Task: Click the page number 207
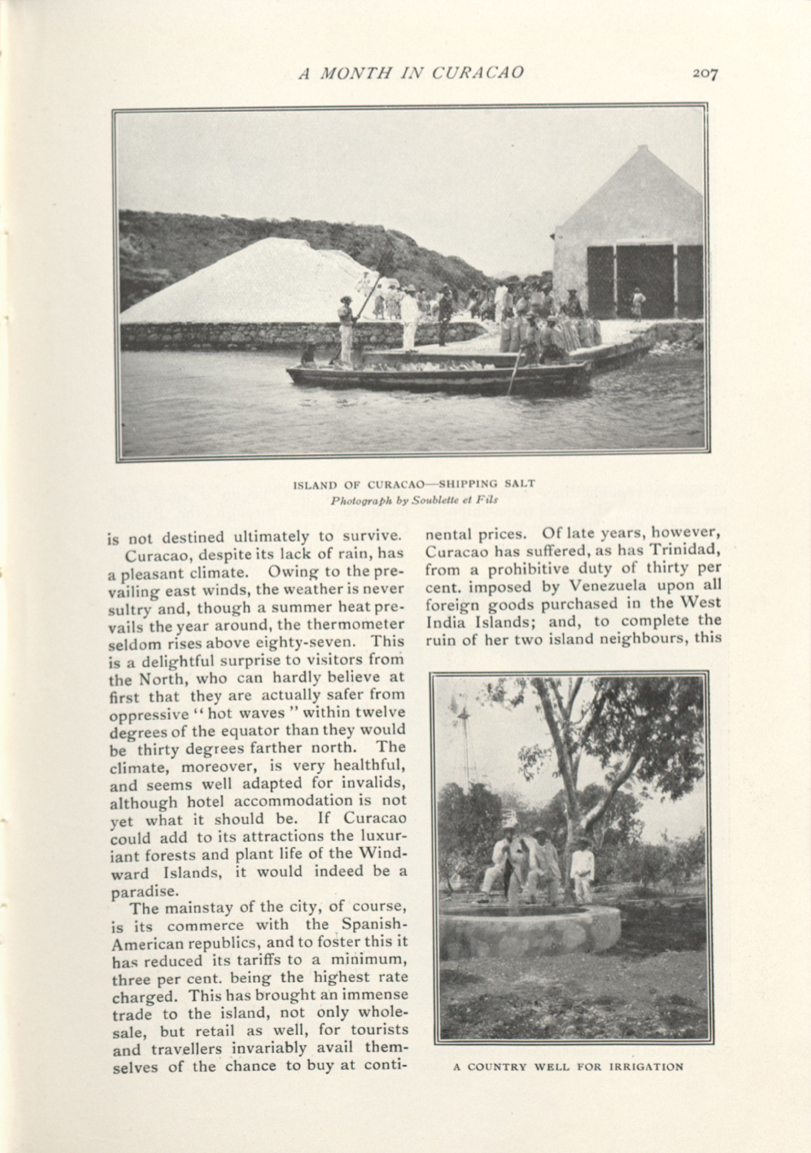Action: [705, 73]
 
